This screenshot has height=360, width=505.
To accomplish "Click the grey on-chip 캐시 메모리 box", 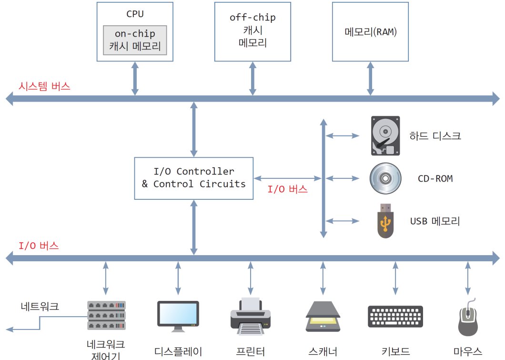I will click(135, 40).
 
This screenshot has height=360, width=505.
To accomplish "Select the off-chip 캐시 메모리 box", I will click(252, 31).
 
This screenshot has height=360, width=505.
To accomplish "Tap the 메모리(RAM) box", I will click(370, 31).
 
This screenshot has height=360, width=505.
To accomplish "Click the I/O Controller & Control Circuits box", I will click(193, 178).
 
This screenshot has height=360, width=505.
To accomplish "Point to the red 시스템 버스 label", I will click(44, 86).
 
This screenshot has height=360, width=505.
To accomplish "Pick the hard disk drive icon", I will click(385, 135).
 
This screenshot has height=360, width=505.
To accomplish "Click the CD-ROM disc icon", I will click(385, 179).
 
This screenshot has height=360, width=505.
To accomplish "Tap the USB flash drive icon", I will click(385, 220).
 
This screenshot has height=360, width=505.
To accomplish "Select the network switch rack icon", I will click(106, 315).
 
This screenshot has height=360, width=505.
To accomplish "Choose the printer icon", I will click(251, 315).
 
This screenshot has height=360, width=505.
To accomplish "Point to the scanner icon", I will click(323, 315).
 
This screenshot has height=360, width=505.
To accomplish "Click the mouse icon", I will click(467, 317).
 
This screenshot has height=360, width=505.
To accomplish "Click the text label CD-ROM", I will click(435, 179).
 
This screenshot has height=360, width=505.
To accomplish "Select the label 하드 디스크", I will click(435, 136).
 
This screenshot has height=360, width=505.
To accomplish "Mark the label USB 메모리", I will click(435, 221).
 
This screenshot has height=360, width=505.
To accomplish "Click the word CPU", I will click(135, 14).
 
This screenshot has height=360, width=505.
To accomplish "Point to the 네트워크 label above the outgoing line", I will click(40, 306).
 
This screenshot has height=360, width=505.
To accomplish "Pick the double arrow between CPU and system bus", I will click(135, 78).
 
